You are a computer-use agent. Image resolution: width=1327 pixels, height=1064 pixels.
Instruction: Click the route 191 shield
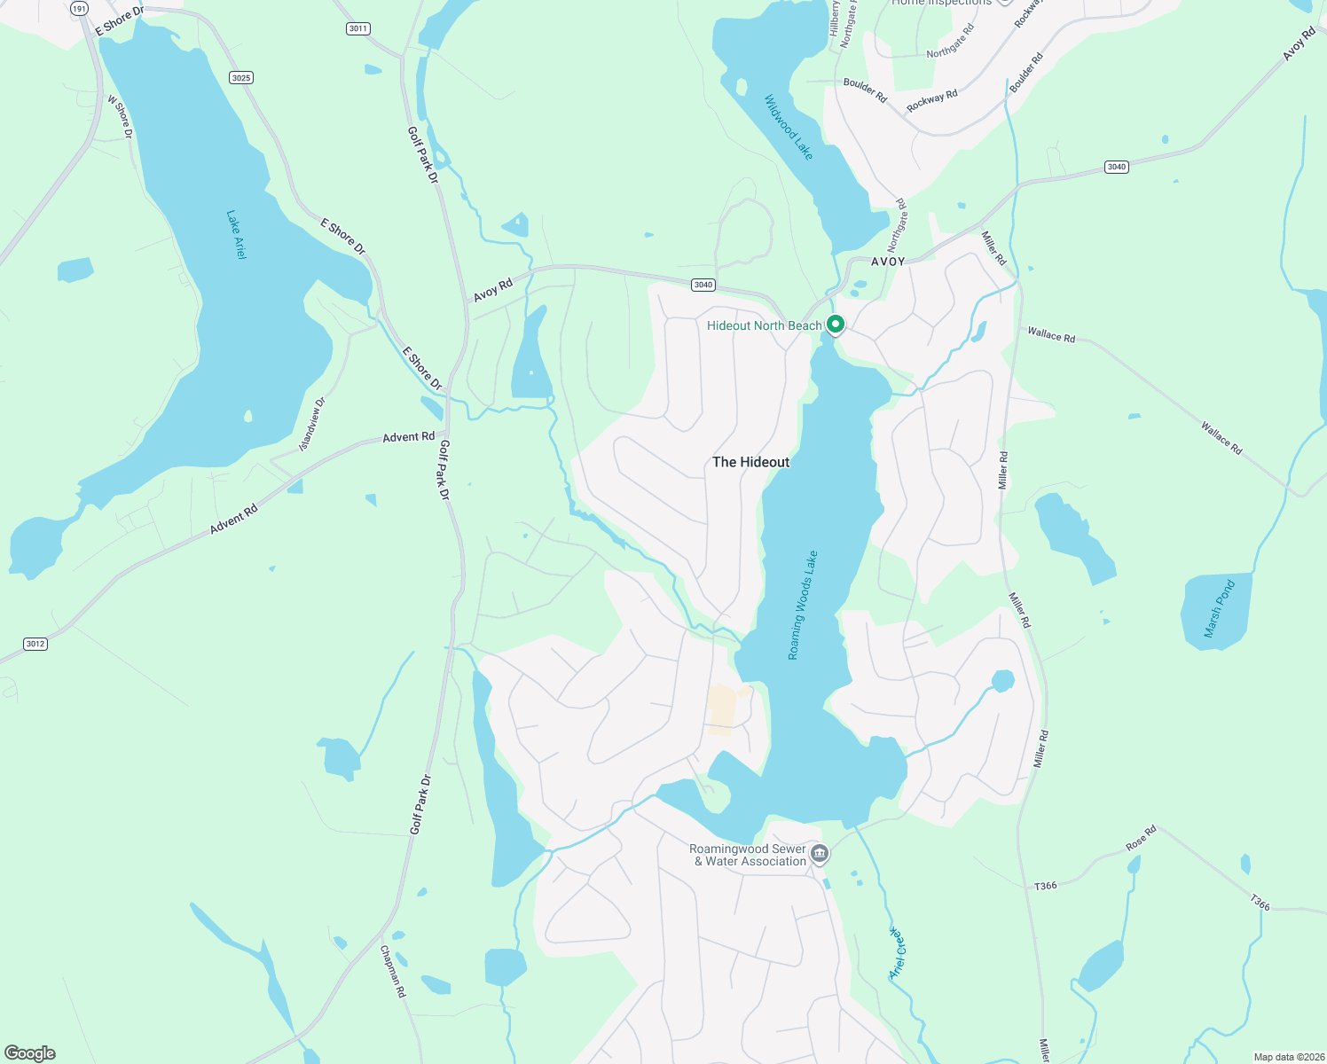pyautogui.click(x=80, y=9)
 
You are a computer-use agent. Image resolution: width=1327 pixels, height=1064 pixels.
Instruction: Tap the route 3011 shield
pyautogui.click(x=357, y=28)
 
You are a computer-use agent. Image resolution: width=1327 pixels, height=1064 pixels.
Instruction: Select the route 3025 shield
pyautogui.click(x=240, y=78)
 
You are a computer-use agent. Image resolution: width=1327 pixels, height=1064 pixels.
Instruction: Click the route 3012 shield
pyautogui.click(x=35, y=644)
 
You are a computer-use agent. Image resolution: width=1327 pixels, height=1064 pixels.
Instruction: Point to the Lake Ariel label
pyautogui.click(x=236, y=235)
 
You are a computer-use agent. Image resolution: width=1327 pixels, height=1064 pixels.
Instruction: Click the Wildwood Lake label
pyautogui.click(x=789, y=128)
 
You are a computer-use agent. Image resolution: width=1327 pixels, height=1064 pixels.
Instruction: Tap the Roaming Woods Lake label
pyautogui.click(x=804, y=606)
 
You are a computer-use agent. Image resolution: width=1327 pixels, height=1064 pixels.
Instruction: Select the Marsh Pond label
pyautogui.click(x=1219, y=609)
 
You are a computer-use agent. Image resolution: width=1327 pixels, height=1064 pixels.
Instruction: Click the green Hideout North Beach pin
pyautogui.click(x=835, y=325)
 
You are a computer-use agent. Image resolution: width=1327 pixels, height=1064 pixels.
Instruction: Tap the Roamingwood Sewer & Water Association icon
pyautogui.click(x=820, y=854)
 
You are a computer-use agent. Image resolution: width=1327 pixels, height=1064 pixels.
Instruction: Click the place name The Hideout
pyautogui.click(x=750, y=462)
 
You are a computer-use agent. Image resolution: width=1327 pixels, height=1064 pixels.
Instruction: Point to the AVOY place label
pyautogui.click(x=888, y=262)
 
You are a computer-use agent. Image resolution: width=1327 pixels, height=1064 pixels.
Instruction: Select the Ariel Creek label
pyautogui.click(x=898, y=953)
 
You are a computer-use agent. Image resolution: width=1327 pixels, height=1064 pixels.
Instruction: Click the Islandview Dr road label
pyautogui.click(x=312, y=424)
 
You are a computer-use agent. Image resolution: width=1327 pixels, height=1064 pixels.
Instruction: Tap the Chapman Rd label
pyautogui.click(x=393, y=972)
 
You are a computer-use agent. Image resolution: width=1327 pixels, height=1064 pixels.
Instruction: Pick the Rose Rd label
pyautogui.click(x=1142, y=838)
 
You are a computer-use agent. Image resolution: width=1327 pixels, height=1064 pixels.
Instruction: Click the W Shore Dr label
pyautogui.click(x=120, y=117)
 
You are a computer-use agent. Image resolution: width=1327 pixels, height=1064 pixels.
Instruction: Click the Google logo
pyautogui.click(x=30, y=1053)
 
